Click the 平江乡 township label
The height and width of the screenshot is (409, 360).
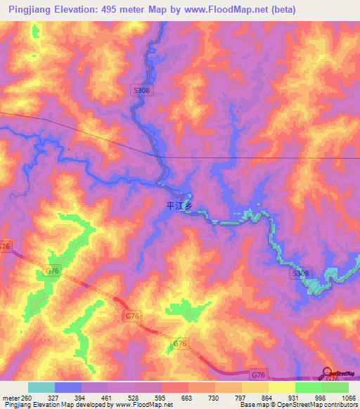pyautogui.click(x=178, y=206)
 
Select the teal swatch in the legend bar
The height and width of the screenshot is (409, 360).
pyautogui.click(x=41, y=387)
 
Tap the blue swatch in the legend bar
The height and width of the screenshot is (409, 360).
pyautogui.click(x=67, y=387)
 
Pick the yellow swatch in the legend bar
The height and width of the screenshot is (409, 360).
pyautogui.click(x=281, y=387)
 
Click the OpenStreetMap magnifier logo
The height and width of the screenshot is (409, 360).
pyautogui.click(x=328, y=372)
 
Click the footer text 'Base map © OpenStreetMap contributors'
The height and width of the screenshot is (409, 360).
pyautogui.click(x=297, y=405)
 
